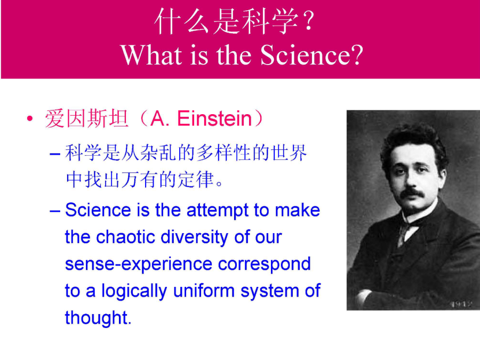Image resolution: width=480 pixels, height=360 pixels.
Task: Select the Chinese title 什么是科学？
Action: [235, 21]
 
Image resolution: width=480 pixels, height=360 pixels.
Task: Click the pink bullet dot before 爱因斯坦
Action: [29, 118]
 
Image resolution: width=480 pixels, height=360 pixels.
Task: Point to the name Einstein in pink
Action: [214, 119]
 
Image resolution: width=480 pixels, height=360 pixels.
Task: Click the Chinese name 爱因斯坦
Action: [87, 119]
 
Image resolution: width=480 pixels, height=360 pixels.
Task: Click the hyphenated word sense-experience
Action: [139, 265]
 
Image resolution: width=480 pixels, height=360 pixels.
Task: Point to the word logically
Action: [134, 291]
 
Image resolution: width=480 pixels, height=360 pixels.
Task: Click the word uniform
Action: [204, 291]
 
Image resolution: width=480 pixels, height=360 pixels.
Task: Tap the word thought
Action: [98, 318]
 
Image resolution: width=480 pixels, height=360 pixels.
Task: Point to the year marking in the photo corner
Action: [461, 304]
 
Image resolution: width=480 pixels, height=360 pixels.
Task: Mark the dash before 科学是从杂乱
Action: [55, 153]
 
